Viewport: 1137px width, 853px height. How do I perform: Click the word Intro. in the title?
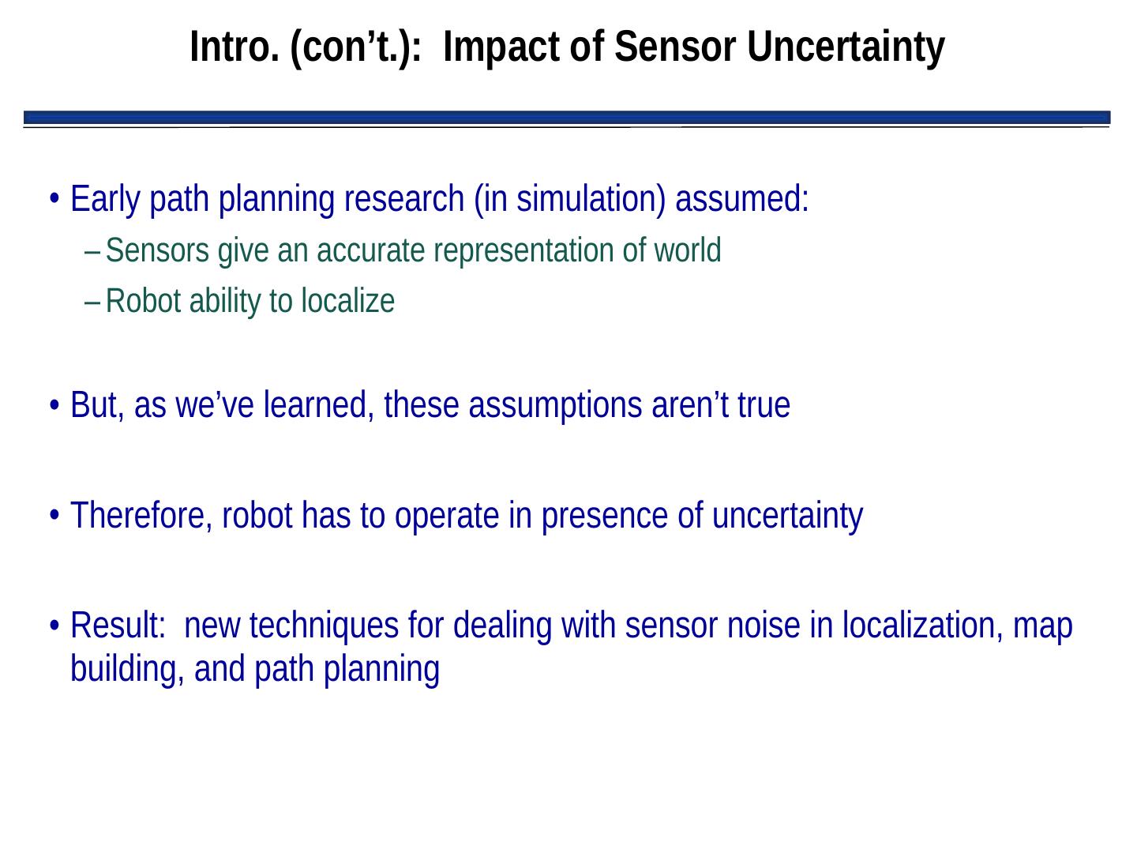pos(235,47)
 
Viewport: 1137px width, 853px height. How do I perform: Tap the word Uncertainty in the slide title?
pos(846,48)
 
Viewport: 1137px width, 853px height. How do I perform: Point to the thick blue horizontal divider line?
pos(567,118)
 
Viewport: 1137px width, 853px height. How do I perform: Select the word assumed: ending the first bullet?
pos(741,199)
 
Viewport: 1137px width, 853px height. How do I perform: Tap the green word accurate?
pos(371,250)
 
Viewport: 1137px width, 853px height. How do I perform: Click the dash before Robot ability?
pos(92,303)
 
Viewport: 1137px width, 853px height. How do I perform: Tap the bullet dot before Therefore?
pos(54,516)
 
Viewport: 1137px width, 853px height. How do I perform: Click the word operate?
pos(447,517)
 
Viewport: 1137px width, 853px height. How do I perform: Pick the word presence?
pos(605,517)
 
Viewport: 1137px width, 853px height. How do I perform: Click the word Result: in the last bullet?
pos(118,626)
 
